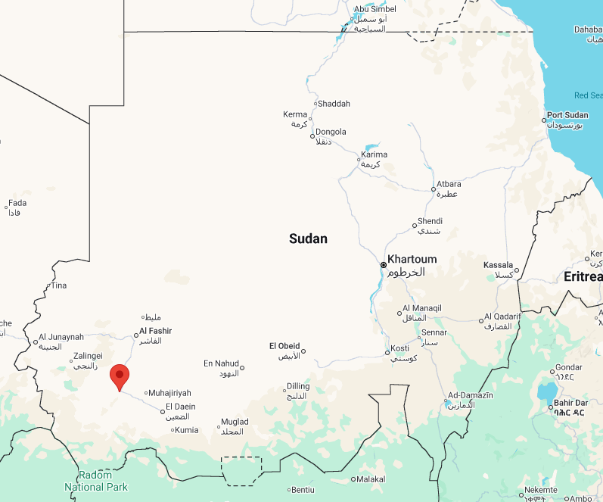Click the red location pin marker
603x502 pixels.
[x=119, y=376]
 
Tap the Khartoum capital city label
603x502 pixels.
[x=412, y=259]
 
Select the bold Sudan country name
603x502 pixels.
[x=308, y=239]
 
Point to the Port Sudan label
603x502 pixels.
[x=567, y=115]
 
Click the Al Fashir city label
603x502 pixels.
[x=155, y=331]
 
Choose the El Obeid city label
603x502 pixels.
[x=284, y=346]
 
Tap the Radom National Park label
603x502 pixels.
[x=96, y=481]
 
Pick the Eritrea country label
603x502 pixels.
[x=583, y=276]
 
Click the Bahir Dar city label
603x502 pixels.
[x=571, y=403]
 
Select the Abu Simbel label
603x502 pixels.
[x=375, y=9]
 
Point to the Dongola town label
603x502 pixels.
[x=331, y=132]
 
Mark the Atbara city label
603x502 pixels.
[x=448, y=184]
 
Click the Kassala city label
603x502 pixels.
[x=499, y=265]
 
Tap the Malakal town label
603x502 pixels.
[x=371, y=479]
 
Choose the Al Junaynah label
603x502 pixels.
[x=61, y=337]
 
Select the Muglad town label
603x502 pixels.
[x=234, y=422]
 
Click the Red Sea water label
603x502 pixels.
[x=587, y=95]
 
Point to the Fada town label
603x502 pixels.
[x=17, y=203]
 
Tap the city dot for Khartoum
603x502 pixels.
[x=384, y=265]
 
